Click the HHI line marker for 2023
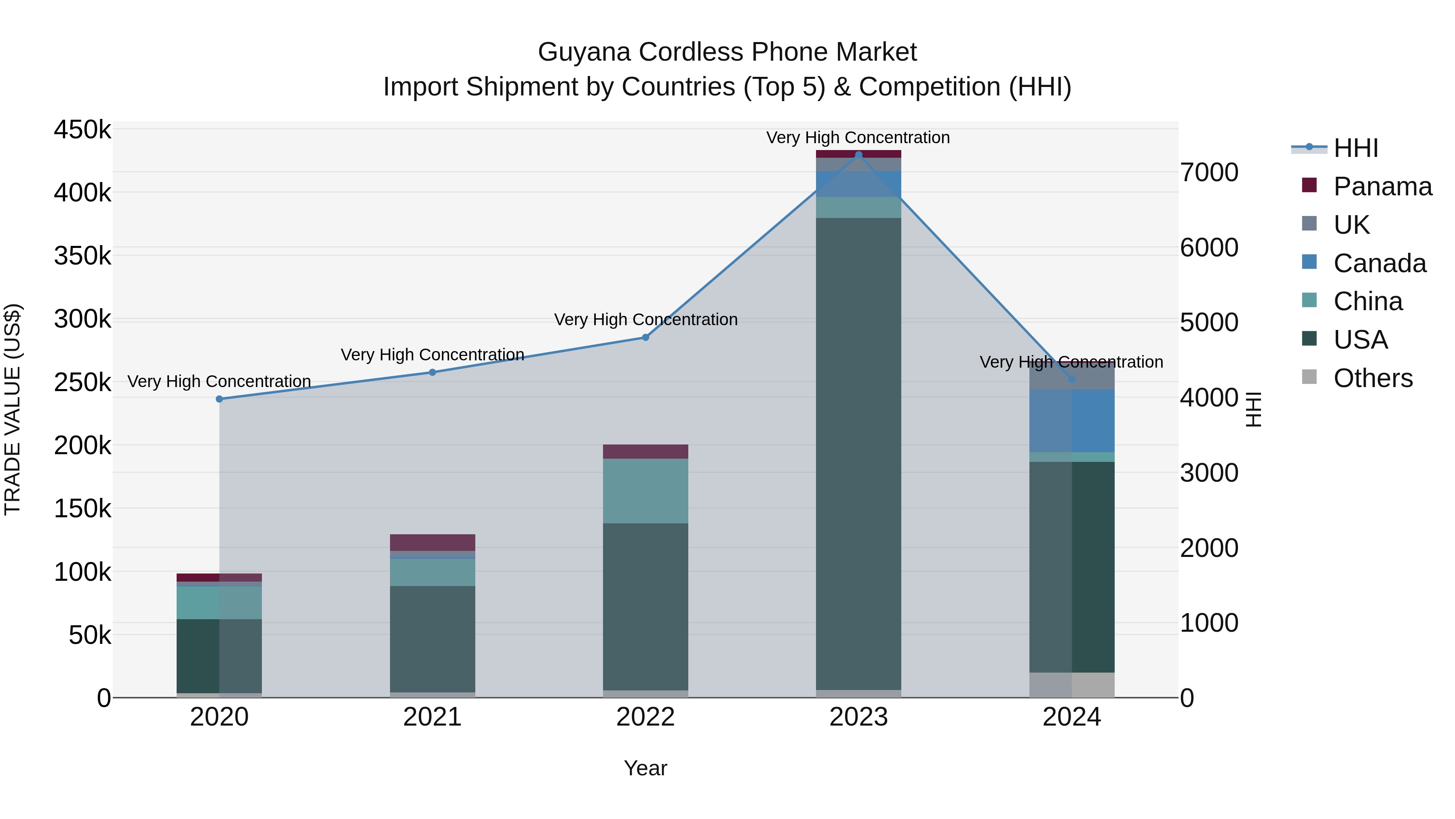[858, 154]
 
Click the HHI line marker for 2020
[219, 399]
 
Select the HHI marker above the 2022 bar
[645, 337]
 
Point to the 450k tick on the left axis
[82, 129]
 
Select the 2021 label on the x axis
[432, 717]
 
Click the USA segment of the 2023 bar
[858, 452]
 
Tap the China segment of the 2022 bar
[645, 491]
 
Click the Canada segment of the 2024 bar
[1071, 421]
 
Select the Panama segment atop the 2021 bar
[432, 542]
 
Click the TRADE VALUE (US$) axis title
[13, 409]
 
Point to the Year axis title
[645, 768]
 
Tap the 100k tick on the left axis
[82, 572]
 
